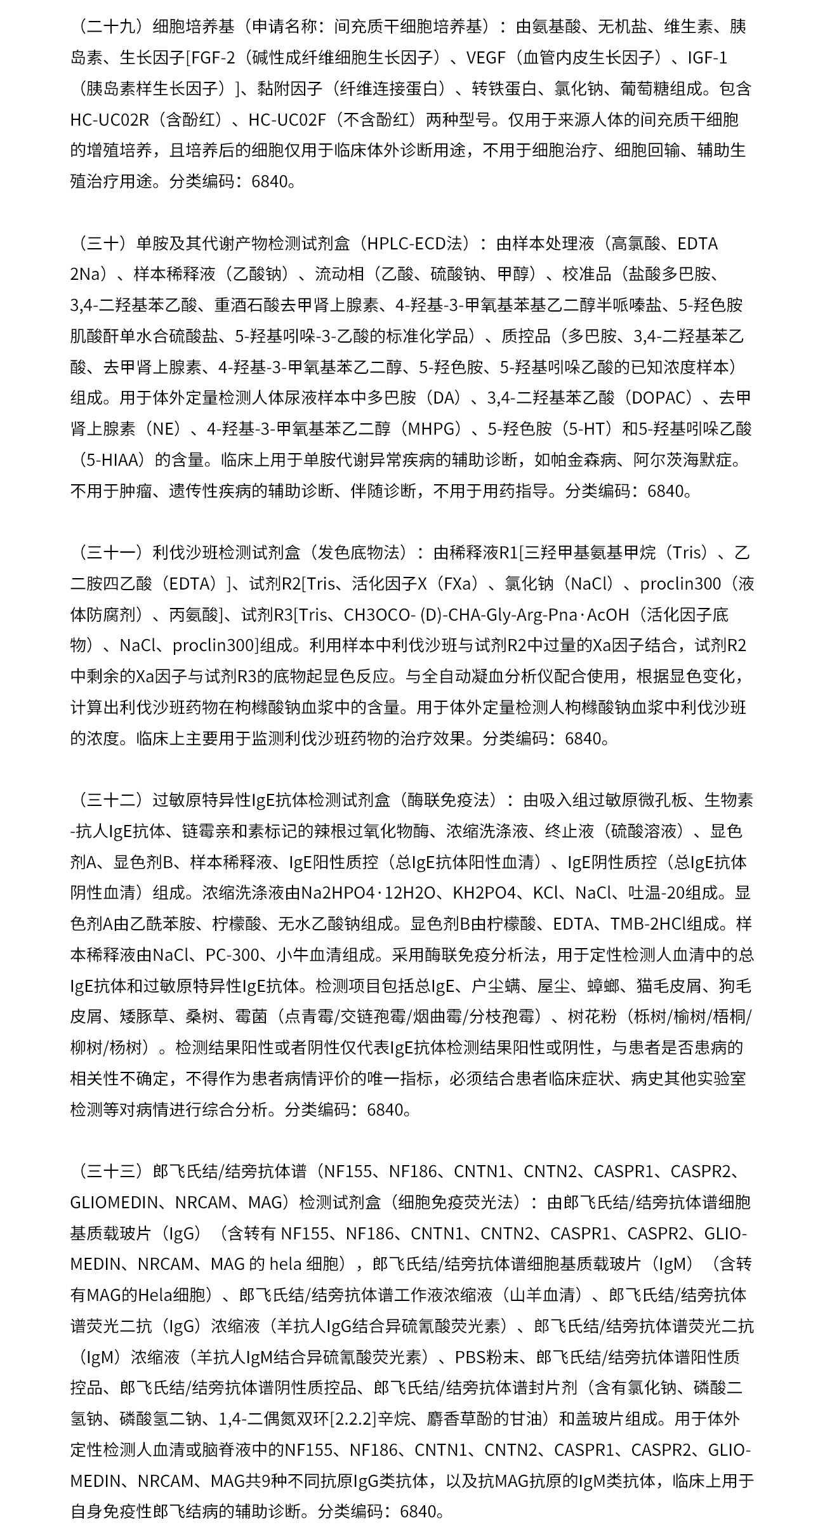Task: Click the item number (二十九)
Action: coord(108,27)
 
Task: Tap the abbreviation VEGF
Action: coord(485,58)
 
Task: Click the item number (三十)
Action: coord(100,244)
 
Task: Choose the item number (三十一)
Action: coord(108,553)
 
